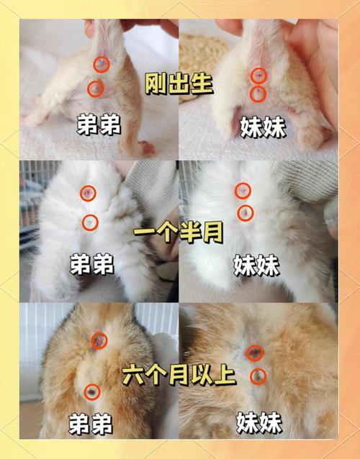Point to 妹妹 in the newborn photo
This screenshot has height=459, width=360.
(261, 127)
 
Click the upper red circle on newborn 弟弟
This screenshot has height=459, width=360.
(103, 64)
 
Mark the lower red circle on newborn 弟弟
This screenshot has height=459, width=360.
(94, 88)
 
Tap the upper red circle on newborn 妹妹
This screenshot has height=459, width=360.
(258, 75)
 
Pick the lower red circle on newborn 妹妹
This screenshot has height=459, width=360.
(258, 94)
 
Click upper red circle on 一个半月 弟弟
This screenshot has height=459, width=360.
(88, 193)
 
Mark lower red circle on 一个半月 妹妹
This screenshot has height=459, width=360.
(246, 213)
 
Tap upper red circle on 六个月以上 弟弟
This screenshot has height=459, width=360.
(99, 340)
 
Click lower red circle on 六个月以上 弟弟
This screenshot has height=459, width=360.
(91, 392)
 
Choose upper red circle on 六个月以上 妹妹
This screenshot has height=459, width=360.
(254, 353)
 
